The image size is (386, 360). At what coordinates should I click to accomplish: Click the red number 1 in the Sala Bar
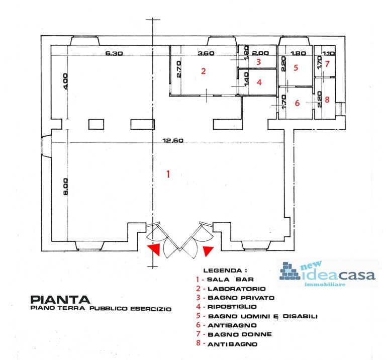pyautogui.click(x=168, y=174)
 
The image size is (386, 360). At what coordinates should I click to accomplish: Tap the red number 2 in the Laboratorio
pyautogui.click(x=204, y=71)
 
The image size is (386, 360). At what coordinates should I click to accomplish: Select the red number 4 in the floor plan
pyautogui.click(x=259, y=82)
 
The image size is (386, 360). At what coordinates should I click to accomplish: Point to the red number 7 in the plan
pyautogui.click(x=327, y=64)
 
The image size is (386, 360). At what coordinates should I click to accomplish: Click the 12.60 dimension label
pyautogui.click(x=173, y=141)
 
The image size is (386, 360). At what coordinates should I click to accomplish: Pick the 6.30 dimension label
pyautogui.click(x=114, y=53)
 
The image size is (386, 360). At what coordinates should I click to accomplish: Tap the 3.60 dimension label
pyautogui.click(x=206, y=53)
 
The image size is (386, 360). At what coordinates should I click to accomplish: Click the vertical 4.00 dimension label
pyautogui.click(x=65, y=81)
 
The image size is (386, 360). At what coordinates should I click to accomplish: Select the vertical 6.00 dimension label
pyautogui.click(x=65, y=187)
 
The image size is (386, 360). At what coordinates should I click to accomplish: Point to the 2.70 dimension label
pyautogui.click(x=179, y=69)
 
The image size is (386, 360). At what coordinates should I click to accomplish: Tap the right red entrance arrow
pyautogui.click(x=208, y=251)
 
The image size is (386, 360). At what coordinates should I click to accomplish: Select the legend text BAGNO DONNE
pyautogui.click(x=240, y=334)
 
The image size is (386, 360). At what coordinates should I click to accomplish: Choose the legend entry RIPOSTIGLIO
pyautogui.click(x=232, y=307)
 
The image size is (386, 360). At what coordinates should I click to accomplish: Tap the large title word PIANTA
pyautogui.click(x=60, y=300)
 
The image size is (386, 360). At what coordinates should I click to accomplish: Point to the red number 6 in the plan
pyautogui.click(x=297, y=103)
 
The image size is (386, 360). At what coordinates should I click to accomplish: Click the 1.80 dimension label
pyautogui.click(x=298, y=53)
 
